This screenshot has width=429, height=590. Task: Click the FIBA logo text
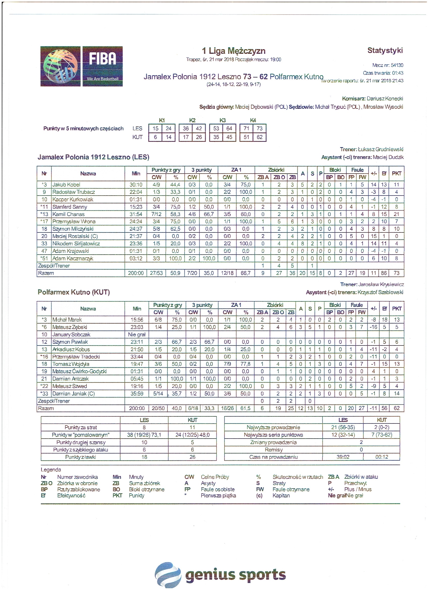coord(102,59)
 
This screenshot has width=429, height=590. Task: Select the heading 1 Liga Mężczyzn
coord(234,51)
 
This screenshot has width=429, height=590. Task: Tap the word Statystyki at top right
coord(385,50)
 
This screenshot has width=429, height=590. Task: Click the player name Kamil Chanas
coord(68,214)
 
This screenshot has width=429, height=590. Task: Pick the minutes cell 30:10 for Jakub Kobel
coord(136,185)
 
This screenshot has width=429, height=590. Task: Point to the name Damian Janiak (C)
coord(73,394)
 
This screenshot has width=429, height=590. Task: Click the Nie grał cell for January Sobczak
coord(137,335)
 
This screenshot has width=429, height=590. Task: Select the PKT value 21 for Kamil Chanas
coord(396,214)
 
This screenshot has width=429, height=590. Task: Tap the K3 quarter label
coord(222,120)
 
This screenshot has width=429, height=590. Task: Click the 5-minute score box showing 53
coord(216,128)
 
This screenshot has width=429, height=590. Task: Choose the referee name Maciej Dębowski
coord(261,107)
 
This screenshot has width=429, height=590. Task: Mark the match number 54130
coord(397,65)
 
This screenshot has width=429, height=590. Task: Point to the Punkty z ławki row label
coord(81,457)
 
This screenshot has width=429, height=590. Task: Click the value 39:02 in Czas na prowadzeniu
coord(343,457)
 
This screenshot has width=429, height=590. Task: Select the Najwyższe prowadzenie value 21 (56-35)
coord(343,427)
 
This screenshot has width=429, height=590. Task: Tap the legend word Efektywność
coord(71,496)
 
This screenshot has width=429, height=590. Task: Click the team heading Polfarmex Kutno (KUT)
coord(74,292)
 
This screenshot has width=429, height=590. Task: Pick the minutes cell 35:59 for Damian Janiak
coord(137,394)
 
